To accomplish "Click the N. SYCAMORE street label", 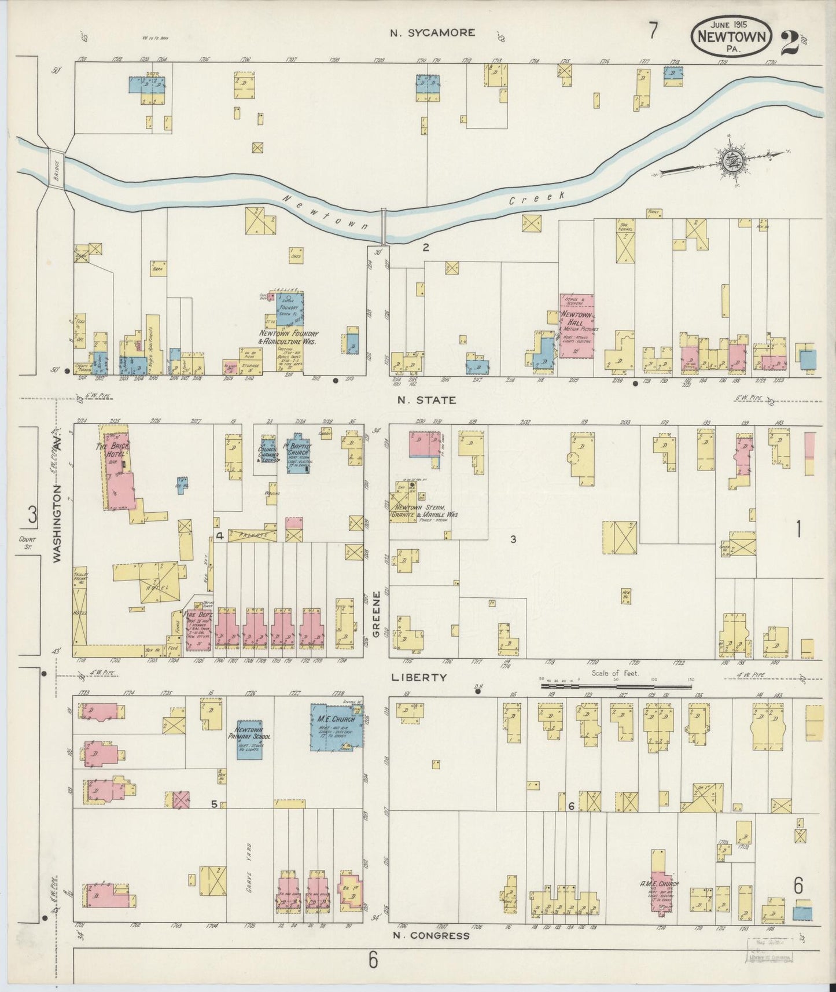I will pyautogui.click(x=432, y=33).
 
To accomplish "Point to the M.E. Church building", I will pyautogui.click(x=336, y=728).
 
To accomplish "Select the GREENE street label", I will pyautogui.click(x=377, y=614).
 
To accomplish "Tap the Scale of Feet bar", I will pyautogui.click(x=616, y=686).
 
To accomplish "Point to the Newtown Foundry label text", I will pyautogui.click(x=288, y=337).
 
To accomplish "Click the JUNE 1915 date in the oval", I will pyautogui.click(x=731, y=25).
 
